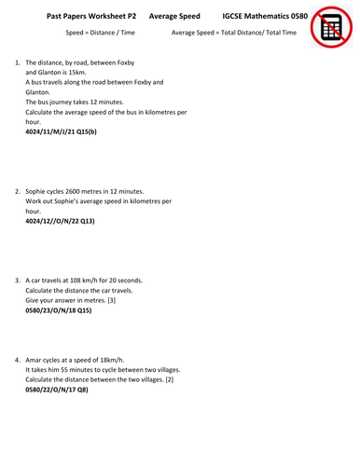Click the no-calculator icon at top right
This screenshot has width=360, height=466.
[x=333, y=27]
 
